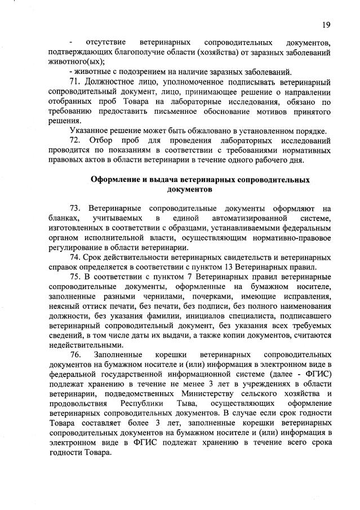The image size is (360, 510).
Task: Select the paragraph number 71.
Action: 75,81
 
